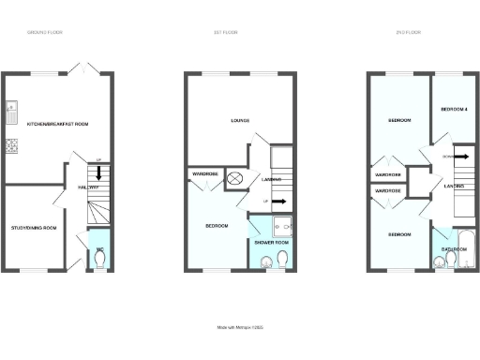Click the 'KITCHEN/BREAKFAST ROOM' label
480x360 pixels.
(57, 124)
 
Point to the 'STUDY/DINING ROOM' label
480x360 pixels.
(34, 228)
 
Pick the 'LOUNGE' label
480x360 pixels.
(239, 120)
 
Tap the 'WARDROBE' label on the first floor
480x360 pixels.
(205, 174)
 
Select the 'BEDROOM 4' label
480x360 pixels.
(454, 110)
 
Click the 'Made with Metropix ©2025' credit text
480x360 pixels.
(239, 327)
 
